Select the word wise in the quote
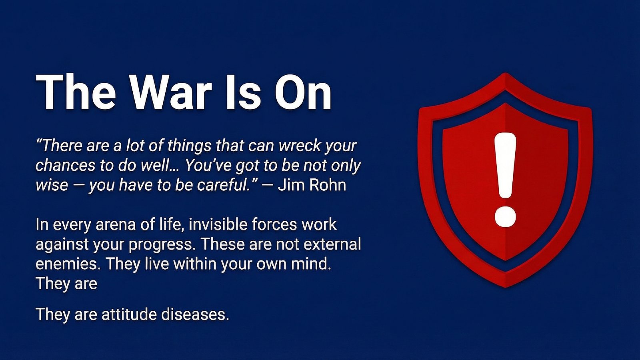pos(52,185)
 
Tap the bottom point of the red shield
pos(505,286)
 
